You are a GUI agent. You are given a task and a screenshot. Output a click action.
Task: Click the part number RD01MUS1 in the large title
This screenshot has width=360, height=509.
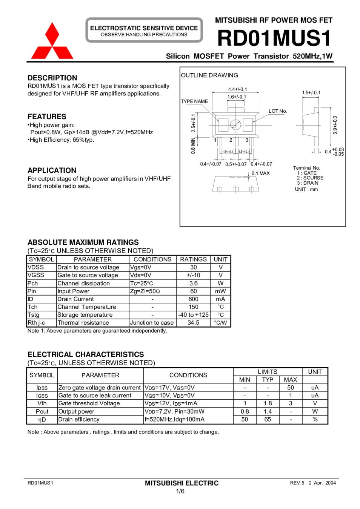click(274, 38)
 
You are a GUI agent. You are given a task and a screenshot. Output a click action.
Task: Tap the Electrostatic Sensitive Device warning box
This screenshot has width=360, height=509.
click(144, 31)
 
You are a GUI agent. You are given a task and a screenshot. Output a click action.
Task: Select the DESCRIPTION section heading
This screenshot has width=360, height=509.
click(52, 78)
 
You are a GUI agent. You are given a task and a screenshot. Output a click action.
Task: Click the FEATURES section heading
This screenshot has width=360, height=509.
click(47, 117)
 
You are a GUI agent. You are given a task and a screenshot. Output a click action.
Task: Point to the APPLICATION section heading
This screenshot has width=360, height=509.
click(52, 170)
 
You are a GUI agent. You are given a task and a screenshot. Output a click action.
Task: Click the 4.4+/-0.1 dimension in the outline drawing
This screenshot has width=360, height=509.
click(237, 89)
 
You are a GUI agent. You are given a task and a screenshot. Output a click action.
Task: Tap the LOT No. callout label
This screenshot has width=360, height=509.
click(278, 111)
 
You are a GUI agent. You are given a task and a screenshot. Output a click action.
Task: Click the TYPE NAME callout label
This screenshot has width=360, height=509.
click(194, 101)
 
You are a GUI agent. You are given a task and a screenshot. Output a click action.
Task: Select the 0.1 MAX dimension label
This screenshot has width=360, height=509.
click(261, 173)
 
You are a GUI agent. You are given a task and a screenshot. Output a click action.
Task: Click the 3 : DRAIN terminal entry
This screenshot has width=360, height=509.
click(308, 183)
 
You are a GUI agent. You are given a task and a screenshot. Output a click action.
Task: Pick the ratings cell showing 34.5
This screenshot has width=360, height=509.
click(193, 323)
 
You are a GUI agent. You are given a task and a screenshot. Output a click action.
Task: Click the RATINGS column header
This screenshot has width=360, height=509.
click(193, 259)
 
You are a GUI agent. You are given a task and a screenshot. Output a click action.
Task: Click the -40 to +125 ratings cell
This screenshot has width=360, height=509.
click(193, 315)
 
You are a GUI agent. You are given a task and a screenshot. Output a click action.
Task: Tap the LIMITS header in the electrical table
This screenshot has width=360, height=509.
click(267, 372)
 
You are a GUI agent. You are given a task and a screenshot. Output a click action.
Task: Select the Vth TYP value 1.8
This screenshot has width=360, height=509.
click(268, 403)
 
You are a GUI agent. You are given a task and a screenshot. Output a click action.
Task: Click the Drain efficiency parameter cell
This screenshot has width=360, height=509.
click(79, 419)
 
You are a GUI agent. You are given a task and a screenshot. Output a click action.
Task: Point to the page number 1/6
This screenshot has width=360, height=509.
click(180, 491)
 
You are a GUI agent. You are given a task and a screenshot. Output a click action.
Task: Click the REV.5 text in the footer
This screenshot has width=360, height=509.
click(297, 483)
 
